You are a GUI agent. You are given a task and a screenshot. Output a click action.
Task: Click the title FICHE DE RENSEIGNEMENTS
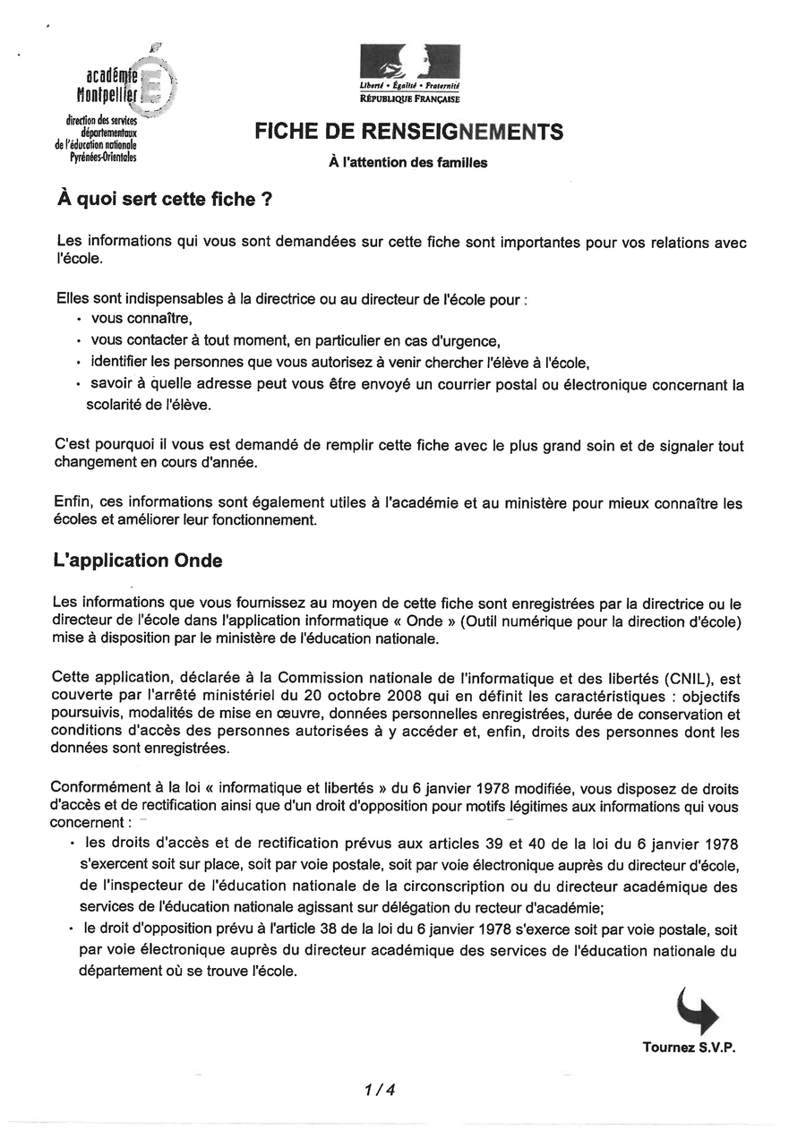409,133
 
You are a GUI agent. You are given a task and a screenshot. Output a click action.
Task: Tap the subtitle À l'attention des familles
409,163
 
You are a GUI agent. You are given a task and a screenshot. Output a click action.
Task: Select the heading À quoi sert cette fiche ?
164,200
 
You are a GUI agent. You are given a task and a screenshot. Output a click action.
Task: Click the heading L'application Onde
138,561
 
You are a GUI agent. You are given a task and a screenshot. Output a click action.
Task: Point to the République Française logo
409,73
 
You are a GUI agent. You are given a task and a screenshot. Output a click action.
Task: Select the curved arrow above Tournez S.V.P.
697,1010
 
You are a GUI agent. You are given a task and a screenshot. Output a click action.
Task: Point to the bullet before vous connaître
79,320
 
